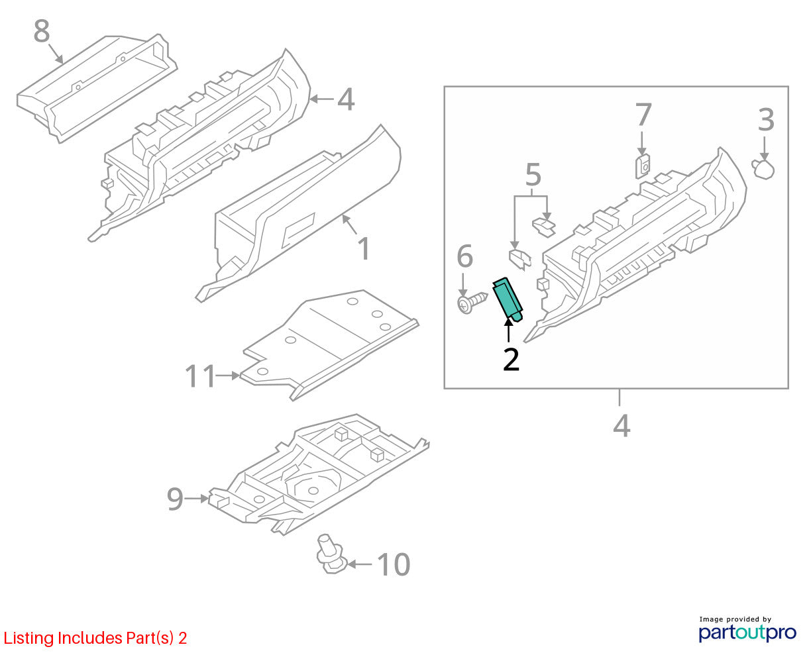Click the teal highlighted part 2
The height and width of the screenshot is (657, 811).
pyautogui.click(x=508, y=299)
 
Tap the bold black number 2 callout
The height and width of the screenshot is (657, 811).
pyautogui.click(x=511, y=359)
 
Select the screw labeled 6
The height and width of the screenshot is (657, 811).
pyautogui.click(x=472, y=303)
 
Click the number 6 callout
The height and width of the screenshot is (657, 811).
pyautogui.click(x=464, y=256)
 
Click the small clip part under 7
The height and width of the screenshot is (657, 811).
pyautogui.click(x=642, y=166)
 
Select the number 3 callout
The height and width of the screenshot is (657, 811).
pyautogui.click(x=766, y=120)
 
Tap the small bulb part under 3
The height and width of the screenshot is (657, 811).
pyautogui.click(x=763, y=169)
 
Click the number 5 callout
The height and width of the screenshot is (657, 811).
pyautogui.click(x=533, y=175)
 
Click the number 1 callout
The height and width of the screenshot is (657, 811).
pyautogui.click(x=364, y=248)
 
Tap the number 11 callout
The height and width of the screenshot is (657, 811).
pyautogui.click(x=200, y=376)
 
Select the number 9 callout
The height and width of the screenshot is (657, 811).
pyautogui.click(x=175, y=499)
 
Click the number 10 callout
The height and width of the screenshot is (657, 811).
pyautogui.click(x=394, y=564)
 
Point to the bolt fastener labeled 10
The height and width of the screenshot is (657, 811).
pyautogui.click(x=331, y=553)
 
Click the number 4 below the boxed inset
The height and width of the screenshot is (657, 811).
pyautogui.click(x=622, y=427)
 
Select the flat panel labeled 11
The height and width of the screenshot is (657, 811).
pyautogui.click(x=330, y=345)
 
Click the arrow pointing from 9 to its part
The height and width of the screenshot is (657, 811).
pyautogui.click(x=197, y=498)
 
